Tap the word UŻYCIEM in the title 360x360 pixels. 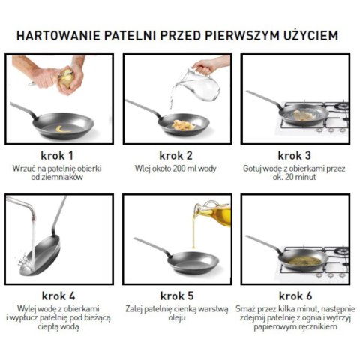(307, 35)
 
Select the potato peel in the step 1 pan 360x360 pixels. (60, 128)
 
